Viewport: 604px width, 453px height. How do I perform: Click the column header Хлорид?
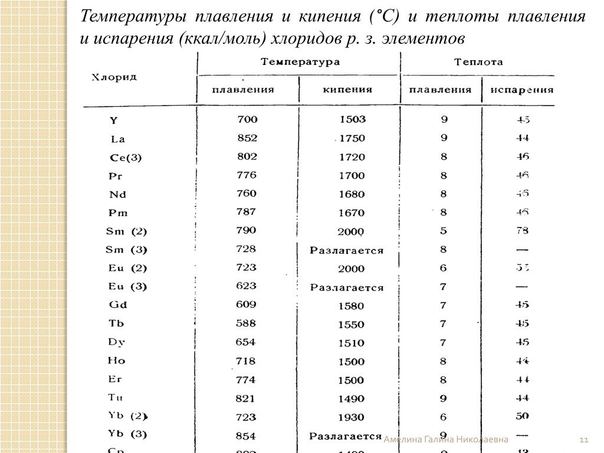click(114, 77)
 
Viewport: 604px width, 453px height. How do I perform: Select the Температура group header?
click(300, 61)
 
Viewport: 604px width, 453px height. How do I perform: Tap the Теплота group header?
click(478, 61)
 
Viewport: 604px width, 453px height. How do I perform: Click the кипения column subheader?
click(347, 90)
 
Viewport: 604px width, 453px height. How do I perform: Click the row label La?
click(118, 139)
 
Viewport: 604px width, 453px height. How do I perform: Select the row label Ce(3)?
click(126, 157)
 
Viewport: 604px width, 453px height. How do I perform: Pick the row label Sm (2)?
click(126, 231)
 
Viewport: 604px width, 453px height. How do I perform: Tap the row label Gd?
click(118, 305)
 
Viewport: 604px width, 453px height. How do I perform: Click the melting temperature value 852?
click(247, 138)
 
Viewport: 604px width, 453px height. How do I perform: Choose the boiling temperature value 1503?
click(353, 119)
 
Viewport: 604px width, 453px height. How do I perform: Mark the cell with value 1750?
click(352, 138)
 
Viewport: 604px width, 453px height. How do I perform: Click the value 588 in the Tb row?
click(246, 323)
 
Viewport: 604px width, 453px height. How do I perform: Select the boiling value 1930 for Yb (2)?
click(352, 417)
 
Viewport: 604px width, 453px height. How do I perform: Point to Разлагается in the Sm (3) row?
click(347, 250)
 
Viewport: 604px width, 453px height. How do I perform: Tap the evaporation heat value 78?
click(521, 231)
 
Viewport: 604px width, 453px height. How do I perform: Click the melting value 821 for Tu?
click(245, 398)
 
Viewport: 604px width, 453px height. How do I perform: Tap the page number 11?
click(585, 440)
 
